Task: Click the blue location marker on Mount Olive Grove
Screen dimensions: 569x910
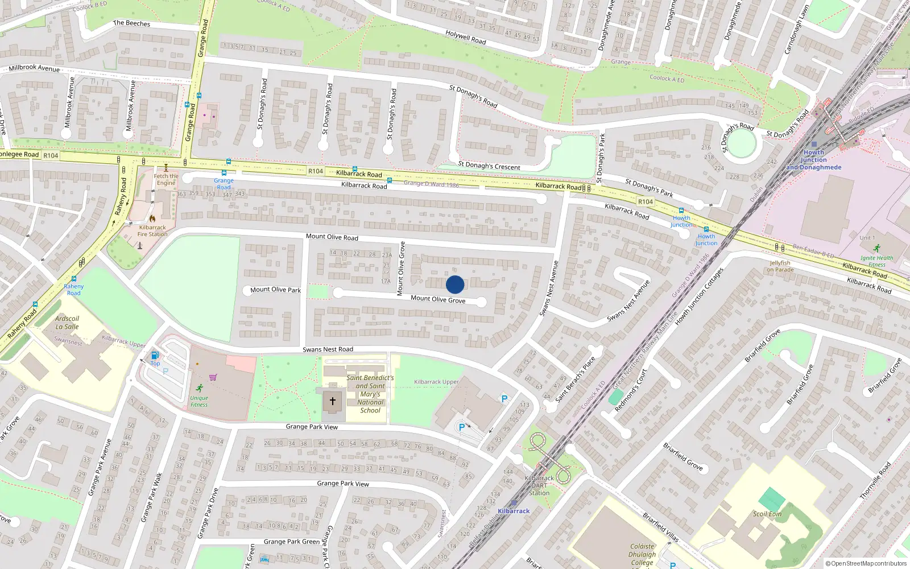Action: point(455,284)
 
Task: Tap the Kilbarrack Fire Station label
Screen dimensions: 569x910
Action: point(152,230)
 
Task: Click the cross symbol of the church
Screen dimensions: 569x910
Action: point(333,401)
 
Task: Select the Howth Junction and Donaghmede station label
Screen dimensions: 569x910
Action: point(814,160)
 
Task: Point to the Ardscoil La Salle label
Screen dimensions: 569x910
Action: point(67,323)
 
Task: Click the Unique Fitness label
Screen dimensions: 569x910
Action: point(199,401)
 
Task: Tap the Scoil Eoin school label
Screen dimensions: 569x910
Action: point(767,514)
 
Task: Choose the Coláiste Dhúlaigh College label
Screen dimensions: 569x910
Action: point(642,554)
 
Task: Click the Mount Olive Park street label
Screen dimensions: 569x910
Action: point(275,290)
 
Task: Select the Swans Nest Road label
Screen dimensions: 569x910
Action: point(328,349)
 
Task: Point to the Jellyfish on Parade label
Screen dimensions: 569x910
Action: point(780,266)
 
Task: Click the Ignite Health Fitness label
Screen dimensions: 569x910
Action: point(876,261)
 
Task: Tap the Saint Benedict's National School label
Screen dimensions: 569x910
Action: point(370,394)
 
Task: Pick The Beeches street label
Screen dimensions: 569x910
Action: point(131,23)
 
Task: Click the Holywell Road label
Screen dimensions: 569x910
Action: point(466,38)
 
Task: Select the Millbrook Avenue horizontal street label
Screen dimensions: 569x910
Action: point(34,68)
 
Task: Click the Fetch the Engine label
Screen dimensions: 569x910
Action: point(166,179)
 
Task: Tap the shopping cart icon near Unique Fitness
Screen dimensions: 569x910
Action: point(213,377)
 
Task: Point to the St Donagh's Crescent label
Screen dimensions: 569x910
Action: point(489,166)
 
